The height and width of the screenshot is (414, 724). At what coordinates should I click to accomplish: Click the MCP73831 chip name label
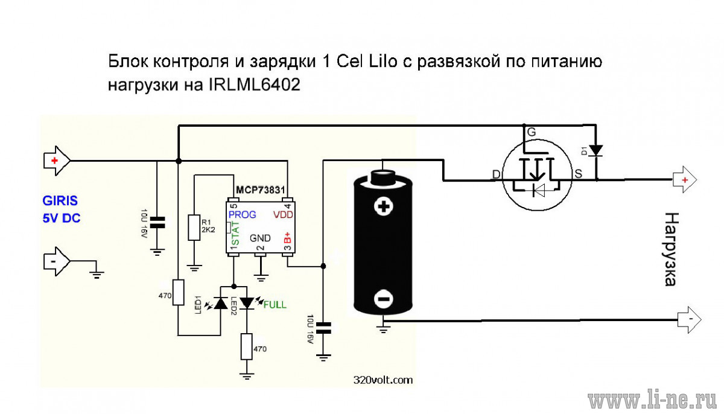pos(260,189)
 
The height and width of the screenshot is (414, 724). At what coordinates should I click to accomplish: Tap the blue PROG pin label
pos(242,215)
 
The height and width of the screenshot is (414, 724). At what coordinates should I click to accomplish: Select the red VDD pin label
pos(283,215)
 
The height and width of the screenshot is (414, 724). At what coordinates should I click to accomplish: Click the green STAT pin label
pos(235,234)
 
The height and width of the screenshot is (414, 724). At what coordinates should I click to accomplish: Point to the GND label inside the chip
pos(260,238)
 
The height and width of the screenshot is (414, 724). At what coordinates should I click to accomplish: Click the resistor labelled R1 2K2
pos(194,227)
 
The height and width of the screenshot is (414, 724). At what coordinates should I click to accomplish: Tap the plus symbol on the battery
pos(384,206)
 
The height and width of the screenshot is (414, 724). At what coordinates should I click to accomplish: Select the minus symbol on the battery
pos(384,299)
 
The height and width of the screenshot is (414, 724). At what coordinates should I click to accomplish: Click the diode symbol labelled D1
pos(595,151)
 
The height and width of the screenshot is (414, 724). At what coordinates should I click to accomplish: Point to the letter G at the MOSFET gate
pos(532,132)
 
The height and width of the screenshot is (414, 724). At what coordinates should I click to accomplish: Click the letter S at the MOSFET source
pos(578,174)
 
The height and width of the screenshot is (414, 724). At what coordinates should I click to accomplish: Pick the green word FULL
pos(275,305)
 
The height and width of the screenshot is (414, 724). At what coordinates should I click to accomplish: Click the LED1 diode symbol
pos(221,303)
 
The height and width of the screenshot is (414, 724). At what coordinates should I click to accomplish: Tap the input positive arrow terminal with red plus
pos(57,161)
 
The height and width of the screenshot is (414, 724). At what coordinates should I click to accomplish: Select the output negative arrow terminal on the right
pos(689,320)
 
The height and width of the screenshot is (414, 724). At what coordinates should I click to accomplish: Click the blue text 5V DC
pos(62,218)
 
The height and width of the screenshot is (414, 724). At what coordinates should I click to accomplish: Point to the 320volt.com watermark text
pos(383,380)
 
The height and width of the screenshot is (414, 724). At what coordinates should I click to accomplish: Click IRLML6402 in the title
pos(255,85)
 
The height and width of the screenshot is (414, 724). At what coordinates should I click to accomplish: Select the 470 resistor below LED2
pos(247,346)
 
